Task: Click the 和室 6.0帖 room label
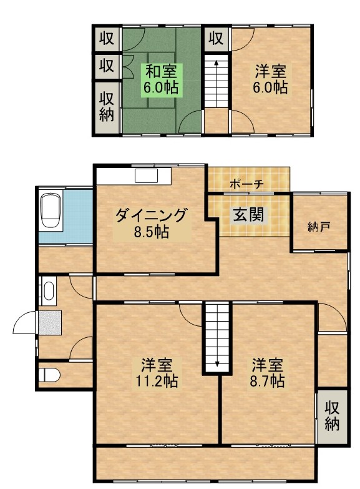(x=161, y=79)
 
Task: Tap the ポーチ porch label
(x=246, y=184)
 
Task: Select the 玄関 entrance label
(x=248, y=215)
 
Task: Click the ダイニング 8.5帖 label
(x=152, y=224)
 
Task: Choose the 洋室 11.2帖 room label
(x=157, y=373)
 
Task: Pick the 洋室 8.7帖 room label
(x=268, y=373)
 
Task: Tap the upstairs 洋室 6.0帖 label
(x=270, y=79)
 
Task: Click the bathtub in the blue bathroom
(x=51, y=211)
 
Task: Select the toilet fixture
(x=50, y=375)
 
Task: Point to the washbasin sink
(x=48, y=290)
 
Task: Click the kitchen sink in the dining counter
(x=147, y=175)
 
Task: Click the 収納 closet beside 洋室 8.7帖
(x=332, y=415)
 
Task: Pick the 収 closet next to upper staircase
(x=216, y=39)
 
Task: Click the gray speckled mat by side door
(x=50, y=322)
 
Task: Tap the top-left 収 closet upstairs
(x=107, y=39)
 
